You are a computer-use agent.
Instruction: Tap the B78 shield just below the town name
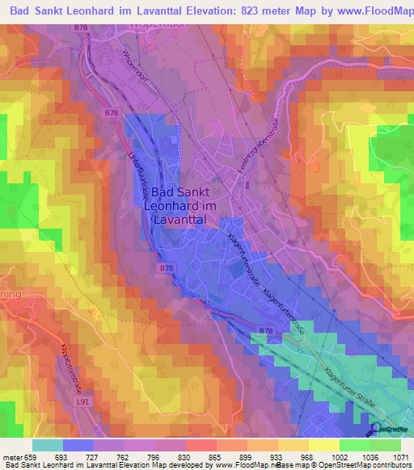[167, 267]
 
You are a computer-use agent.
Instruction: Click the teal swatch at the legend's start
[47, 445]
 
